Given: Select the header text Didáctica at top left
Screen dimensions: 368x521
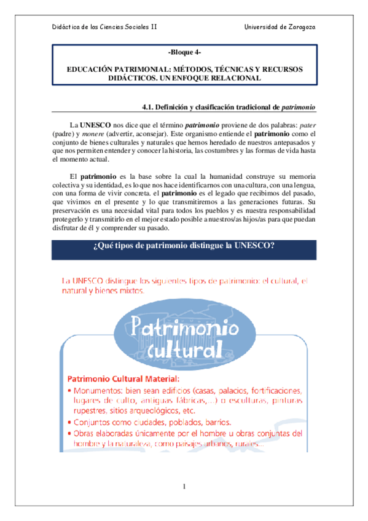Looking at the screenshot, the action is click(x=66, y=26).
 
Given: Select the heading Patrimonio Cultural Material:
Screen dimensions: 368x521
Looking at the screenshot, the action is click(x=123, y=379).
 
